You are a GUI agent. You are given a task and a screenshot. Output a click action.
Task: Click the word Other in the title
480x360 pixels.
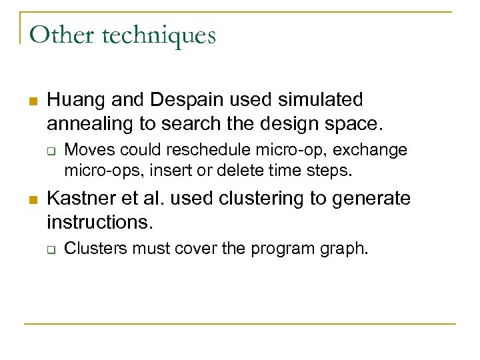pos(59,35)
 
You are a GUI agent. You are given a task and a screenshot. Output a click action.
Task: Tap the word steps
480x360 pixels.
pos(331,170)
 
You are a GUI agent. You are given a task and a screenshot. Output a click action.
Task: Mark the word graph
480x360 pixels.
pos(346,250)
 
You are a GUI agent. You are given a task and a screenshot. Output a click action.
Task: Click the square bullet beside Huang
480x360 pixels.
pos(31,101)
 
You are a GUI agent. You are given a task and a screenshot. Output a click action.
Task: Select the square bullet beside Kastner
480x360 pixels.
pos(31,199)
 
